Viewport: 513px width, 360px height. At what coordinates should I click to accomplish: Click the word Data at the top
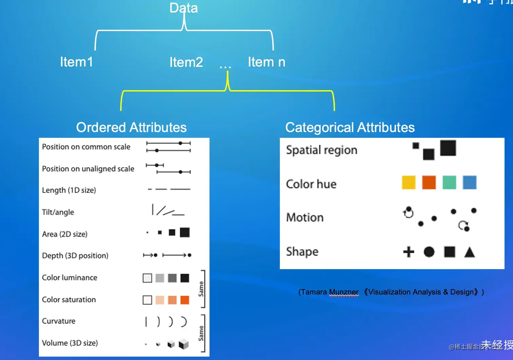click(184, 8)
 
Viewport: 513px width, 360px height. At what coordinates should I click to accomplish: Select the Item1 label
click(76, 62)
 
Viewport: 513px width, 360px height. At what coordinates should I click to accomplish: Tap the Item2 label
click(186, 62)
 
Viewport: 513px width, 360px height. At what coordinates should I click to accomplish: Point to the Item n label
click(266, 62)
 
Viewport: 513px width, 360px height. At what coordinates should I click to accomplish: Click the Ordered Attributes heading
click(131, 127)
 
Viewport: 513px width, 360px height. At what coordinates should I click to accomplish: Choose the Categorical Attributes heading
click(350, 127)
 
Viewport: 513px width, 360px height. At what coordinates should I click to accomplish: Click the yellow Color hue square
click(408, 182)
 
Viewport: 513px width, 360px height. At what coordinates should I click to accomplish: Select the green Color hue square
click(449, 182)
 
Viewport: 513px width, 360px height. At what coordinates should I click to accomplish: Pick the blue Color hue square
click(470, 182)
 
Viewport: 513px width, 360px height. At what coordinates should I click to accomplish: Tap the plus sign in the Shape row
click(408, 252)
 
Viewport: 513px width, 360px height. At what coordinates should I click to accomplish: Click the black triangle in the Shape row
click(470, 252)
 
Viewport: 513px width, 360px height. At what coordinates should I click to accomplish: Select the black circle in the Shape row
click(429, 252)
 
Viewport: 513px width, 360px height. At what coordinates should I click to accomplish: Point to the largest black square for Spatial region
click(448, 148)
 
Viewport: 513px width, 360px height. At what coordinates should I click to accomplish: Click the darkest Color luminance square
click(185, 278)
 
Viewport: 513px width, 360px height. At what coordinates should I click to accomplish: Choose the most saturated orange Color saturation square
click(185, 300)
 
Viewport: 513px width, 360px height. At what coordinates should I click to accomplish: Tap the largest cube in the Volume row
click(184, 344)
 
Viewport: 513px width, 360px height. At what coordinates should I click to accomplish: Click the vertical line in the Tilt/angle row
click(153, 209)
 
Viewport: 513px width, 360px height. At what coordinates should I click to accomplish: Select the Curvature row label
click(59, 321)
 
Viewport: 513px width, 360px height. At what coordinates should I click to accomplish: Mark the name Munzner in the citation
click(344, 292)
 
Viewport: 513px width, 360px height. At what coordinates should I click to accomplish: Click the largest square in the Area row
click(185, 233)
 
